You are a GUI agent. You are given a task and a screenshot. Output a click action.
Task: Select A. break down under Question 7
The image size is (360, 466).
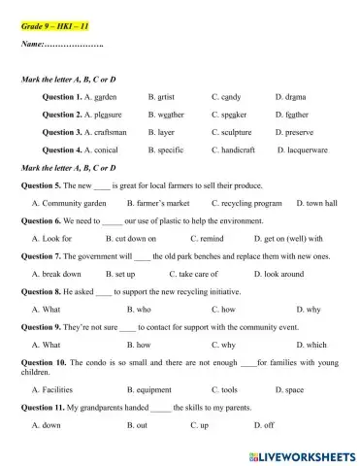point(56,274)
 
